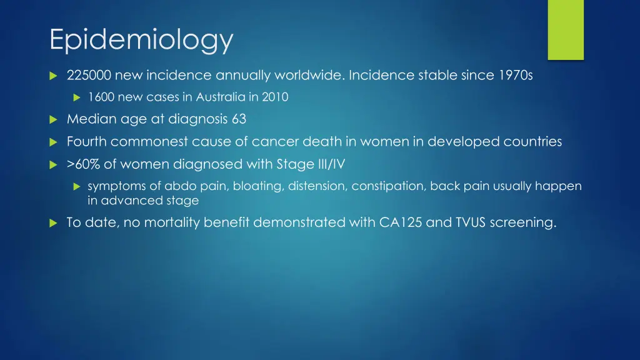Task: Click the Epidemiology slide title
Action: [141, 41]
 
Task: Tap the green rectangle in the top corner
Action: [566, 29]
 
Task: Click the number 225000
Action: [89, 76]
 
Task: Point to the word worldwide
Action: [299, 76]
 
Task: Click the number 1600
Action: [99, 97]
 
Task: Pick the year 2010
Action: [276, 97]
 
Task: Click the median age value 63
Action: [239, 119]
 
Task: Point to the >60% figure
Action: [84, 164]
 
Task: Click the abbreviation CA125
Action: [401, 222]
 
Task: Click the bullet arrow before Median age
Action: [53, 119]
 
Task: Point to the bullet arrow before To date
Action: [53, 223]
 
